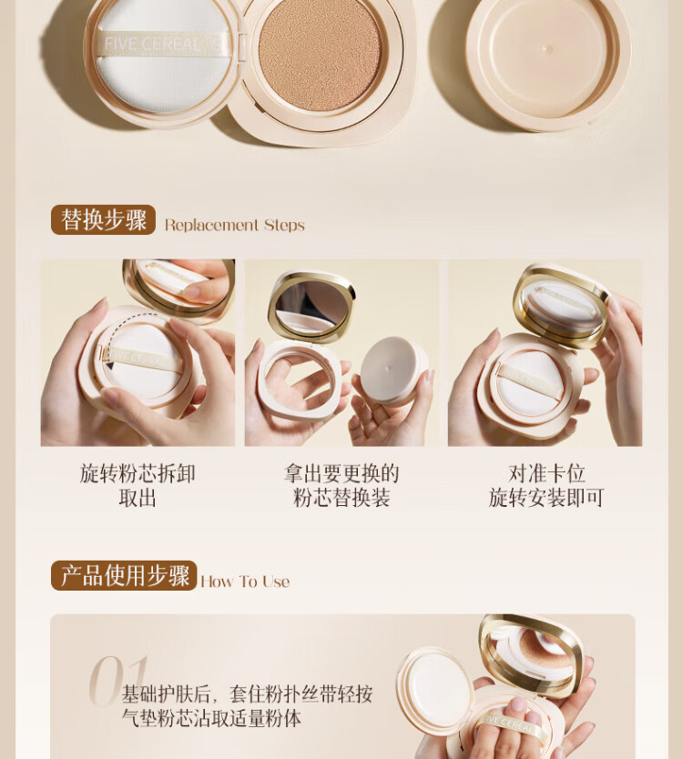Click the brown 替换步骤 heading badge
(103, 220)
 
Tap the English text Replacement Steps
(234, 225)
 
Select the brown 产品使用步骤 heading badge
(124, 575)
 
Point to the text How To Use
(245, 581)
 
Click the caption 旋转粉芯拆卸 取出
(138, 485)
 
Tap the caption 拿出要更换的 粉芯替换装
(341, 485)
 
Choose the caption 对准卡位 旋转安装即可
(546, 485)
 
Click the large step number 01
(118, 680)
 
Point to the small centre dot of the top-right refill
(548, 49)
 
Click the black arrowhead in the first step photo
(109, 365)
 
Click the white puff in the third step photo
(528, 384)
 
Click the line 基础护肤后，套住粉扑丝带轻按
(247, 694)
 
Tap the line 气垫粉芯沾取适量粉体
(211, 718)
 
